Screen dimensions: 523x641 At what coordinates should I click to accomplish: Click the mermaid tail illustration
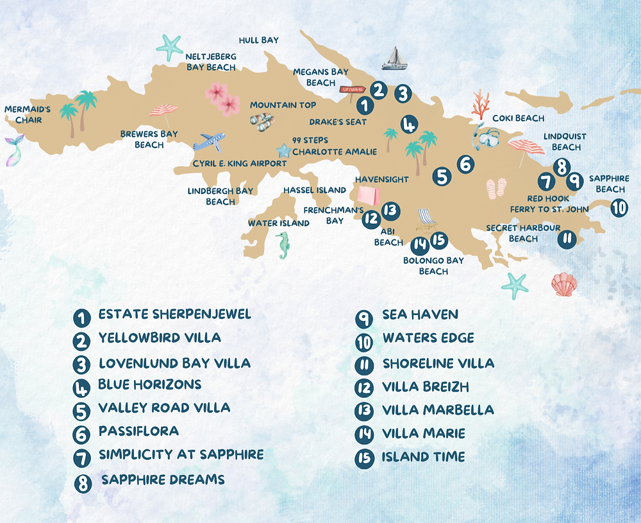[x=14, y=150]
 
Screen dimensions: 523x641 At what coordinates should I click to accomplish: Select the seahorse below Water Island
[x=283, y=246]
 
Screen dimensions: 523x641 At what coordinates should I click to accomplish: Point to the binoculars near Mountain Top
[x=263, y=121]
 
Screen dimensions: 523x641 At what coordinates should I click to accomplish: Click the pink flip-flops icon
[x=496, y=189]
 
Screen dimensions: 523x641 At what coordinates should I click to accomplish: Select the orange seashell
[x=563, y=284]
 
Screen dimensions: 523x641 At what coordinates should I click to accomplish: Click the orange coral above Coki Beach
[x=479, y=105]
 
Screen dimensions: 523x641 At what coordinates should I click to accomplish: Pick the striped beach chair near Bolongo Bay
[x=426, y=220]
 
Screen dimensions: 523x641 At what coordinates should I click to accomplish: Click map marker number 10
[x=619, y=208]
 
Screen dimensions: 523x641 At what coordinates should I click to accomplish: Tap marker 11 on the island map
[x=567, y=239]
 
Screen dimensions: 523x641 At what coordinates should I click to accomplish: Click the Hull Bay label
[x=258, y=40]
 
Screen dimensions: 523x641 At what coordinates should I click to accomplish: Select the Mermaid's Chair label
[x=28, y=115]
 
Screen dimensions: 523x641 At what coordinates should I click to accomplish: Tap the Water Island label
[x=279, y=223]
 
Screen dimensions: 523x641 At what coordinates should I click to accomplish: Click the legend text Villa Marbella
[x=438, y=410]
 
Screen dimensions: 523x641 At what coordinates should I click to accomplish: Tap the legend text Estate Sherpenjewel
[x=174, y=314]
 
